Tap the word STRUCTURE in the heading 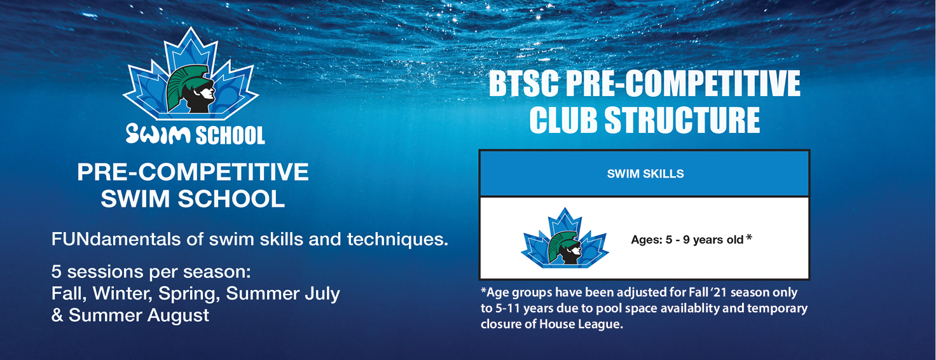pyautogui.click(x=682, y=120)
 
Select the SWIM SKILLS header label pyautogui.click(x=645, y=174)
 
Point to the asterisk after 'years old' pyautogui.click(x=749, y=237)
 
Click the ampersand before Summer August pyautogui.click(x=57, y=315)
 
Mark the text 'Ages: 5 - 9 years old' pyautogui.click(x=687, y=240)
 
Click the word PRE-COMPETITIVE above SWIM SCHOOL pyautogui.click(x=193, y=172)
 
